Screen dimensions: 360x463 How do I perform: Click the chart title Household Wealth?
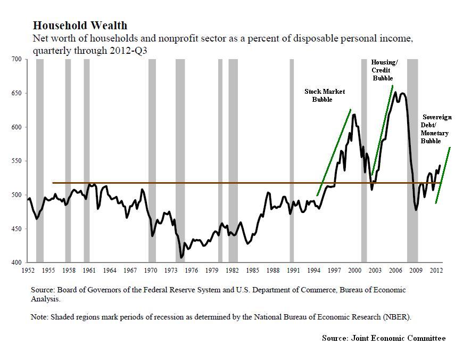point(80,26)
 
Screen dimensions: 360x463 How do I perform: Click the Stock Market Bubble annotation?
point(325,95)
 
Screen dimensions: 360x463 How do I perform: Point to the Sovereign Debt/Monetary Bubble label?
point(436,129)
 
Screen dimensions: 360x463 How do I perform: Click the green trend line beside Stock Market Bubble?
point(334,152)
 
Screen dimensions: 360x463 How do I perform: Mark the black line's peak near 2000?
point(354,114)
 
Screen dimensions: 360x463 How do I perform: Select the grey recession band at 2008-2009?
point(412,160)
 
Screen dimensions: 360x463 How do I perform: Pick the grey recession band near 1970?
point(152,160)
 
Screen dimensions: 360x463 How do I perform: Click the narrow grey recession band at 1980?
point(220,160)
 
